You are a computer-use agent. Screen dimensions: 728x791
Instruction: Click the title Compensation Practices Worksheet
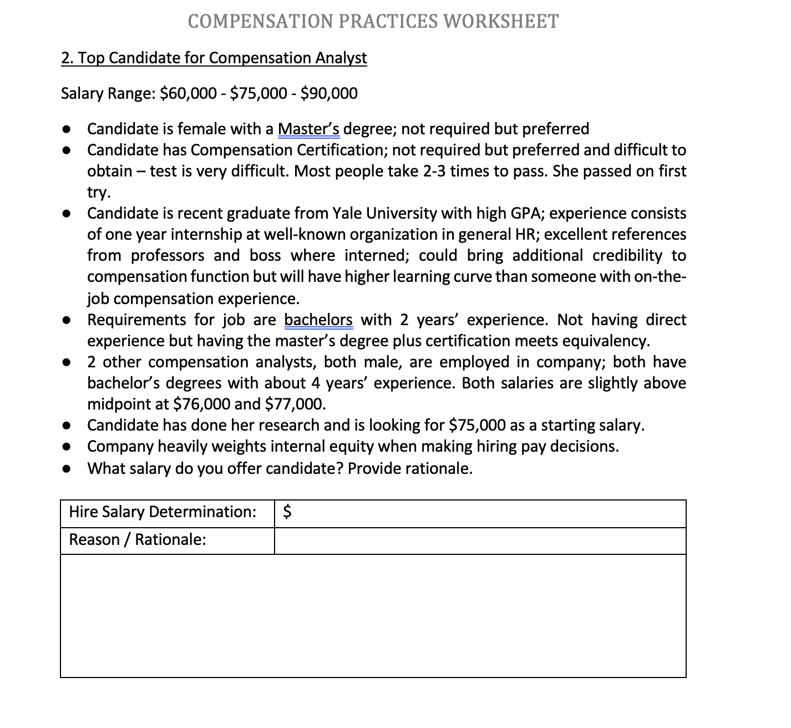point(373,21)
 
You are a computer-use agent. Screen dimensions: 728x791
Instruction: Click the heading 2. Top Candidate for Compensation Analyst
point(214,58)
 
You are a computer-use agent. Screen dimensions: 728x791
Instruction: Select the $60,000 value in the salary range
point(188,93)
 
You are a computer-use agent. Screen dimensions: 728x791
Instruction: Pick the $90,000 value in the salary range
point(328,93)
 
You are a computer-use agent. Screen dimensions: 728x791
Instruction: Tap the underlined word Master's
point(308,129)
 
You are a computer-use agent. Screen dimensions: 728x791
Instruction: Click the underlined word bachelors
point(318,320)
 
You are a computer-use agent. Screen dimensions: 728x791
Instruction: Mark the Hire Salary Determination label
point(163,511)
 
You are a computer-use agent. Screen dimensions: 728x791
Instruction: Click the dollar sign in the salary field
point(287,512)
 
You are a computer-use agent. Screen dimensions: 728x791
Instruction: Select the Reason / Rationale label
point(138,539)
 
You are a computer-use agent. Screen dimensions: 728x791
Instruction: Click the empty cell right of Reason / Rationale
point(480,540)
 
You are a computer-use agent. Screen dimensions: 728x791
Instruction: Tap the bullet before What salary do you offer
point(67,468)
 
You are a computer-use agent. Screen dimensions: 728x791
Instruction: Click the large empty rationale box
point(373,616)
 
